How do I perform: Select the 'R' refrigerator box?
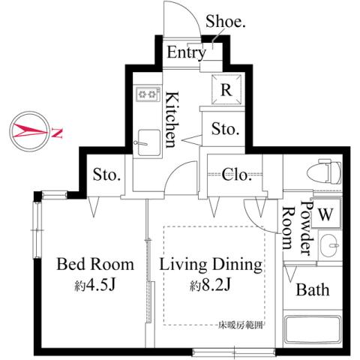coord(226,89)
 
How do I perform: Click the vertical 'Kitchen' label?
coord(172,118)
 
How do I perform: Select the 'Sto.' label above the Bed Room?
coord(107,175)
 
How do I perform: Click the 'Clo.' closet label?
coord(238,175)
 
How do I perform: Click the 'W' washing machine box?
coord(325,212)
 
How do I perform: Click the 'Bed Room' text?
coord(96,264)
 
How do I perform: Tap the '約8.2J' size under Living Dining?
coord(209,285)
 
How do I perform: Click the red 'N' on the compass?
coord(57,133)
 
